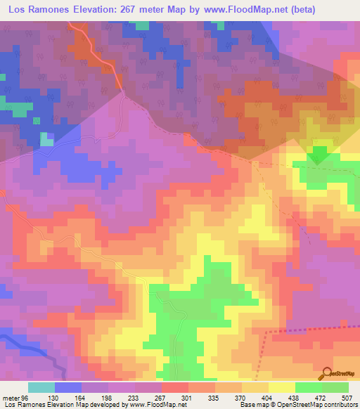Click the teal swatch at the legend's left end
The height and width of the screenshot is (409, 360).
[41, 387]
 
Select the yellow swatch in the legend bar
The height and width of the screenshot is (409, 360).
[281, 387]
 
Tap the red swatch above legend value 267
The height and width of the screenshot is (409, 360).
[174, 387]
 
